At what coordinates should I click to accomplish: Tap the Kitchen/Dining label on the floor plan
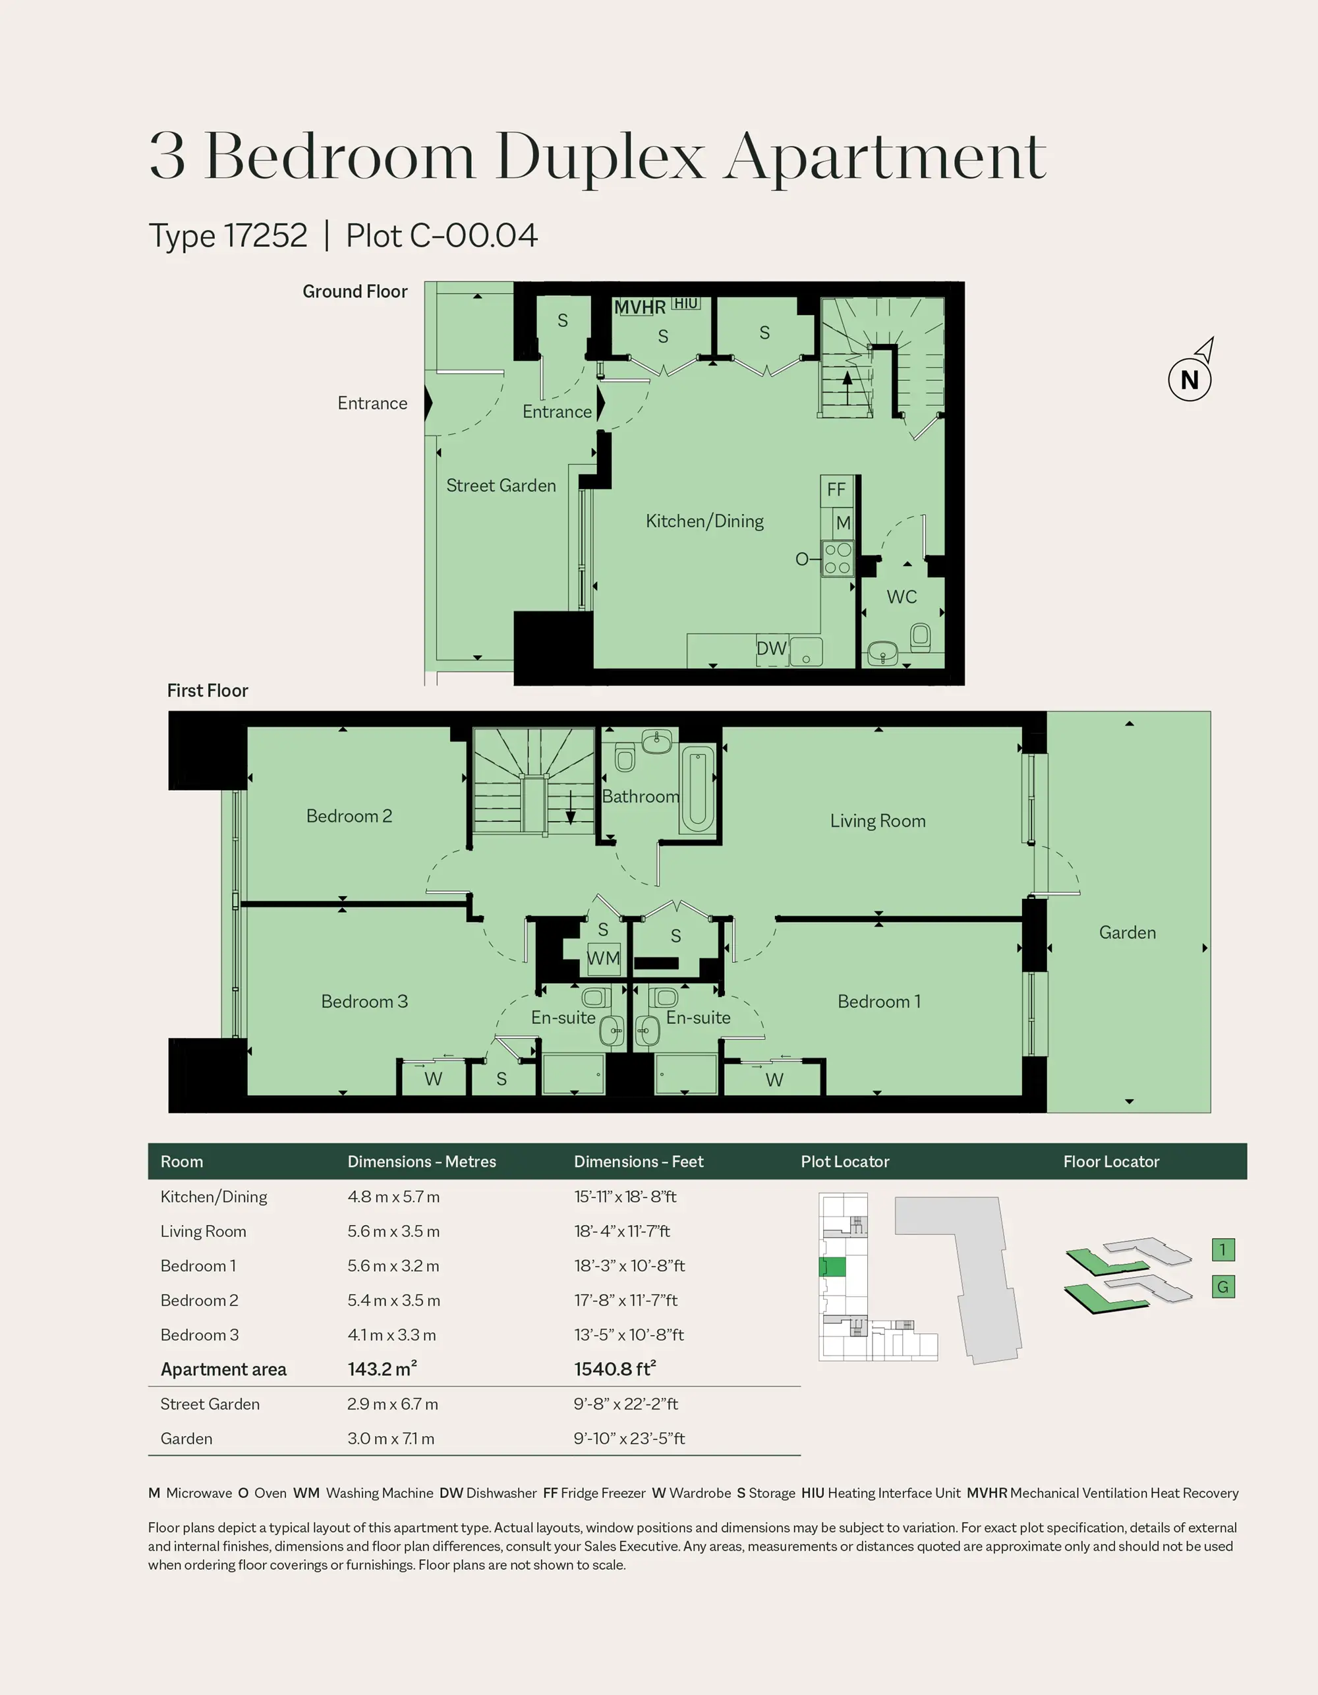[704, 521]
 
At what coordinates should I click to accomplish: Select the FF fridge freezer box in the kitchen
[837, 490]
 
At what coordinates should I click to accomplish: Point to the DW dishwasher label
[772, 648]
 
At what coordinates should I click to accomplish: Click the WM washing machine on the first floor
[603, 958]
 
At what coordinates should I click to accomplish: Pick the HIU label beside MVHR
[685, 303]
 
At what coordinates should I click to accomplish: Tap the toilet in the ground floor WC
[920, 638]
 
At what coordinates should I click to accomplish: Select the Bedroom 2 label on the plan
[349, 816]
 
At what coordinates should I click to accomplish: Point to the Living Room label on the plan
[878, 820]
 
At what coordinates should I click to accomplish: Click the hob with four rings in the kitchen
[838, 559]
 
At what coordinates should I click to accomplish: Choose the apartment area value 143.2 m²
[382, 1369]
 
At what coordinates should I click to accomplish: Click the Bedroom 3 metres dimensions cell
[392, 1335]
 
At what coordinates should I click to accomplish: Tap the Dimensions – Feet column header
[638, 1162]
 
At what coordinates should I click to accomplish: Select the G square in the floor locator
[1223, 1288]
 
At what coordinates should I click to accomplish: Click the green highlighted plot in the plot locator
[834, 1267]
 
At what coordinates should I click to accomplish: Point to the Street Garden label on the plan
[501, 486]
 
